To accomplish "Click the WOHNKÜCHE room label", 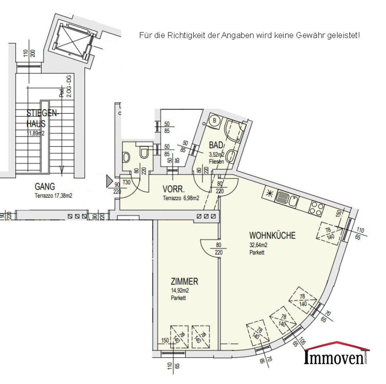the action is [272, 236].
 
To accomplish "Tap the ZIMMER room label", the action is [184, 282].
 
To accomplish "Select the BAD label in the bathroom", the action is [216, 145].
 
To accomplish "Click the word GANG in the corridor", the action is [45, 186].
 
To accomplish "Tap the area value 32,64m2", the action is [258, 245].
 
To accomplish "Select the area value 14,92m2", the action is [180, 291].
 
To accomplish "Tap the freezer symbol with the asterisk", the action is [269, 194].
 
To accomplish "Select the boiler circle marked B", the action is [214, 120].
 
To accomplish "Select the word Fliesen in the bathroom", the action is [216, 161].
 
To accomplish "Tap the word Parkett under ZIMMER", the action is [178, 298].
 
